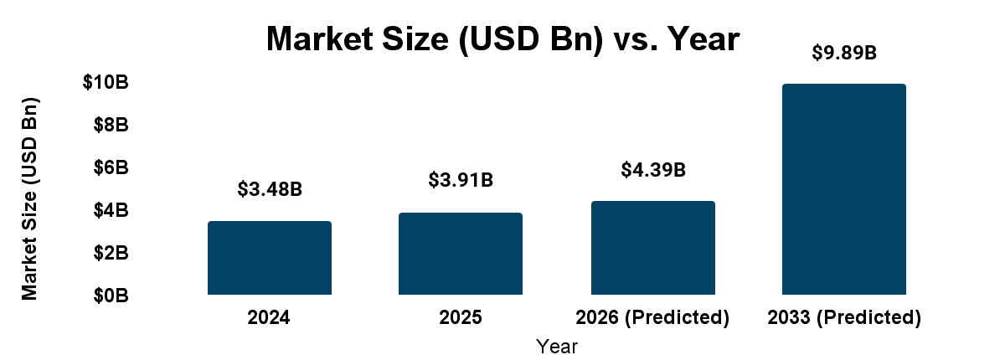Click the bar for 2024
point(270,258)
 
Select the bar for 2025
point(461,254)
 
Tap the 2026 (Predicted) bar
point(653,248)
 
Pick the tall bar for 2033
point(844,189)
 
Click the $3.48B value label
point(270,189)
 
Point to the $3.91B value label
point(461,180)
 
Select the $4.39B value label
point(653,170)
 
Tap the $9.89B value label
point(844,53)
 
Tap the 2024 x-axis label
point(270,318)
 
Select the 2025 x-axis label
point(461,318)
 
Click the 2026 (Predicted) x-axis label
point(653,318)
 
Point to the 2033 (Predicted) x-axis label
point(844,318)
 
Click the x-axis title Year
point(557,345)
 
